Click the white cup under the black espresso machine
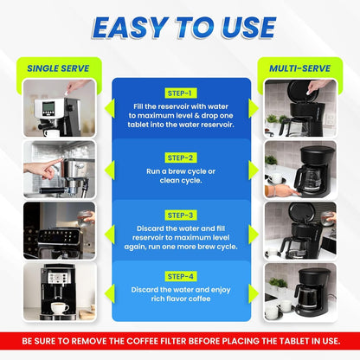pos(60,308)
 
